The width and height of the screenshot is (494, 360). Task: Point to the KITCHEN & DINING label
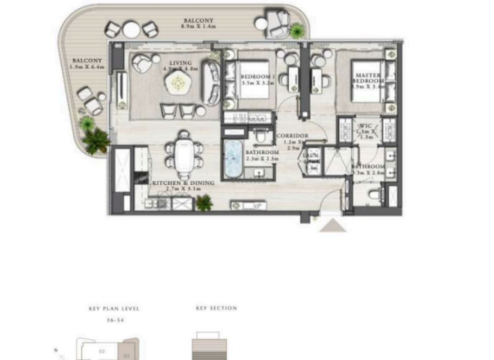(x=182, y=183)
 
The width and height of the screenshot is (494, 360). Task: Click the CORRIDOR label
(x=293, y=136)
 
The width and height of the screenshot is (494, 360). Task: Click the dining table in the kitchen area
(x=184, y=153)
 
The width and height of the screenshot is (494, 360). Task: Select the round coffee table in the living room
(x=177, y=82)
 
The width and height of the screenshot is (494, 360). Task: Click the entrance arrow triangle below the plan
(x=333, y=225)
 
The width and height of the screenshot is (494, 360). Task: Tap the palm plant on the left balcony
(x=95, y=139)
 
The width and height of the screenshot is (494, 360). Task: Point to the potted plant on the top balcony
(x=297, y=30)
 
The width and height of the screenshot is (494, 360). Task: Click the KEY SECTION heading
(x=216, y=309)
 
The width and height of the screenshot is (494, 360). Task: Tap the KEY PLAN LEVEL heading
(x=114, y=309)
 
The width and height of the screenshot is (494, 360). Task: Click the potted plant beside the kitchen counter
(x=205, y=203)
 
